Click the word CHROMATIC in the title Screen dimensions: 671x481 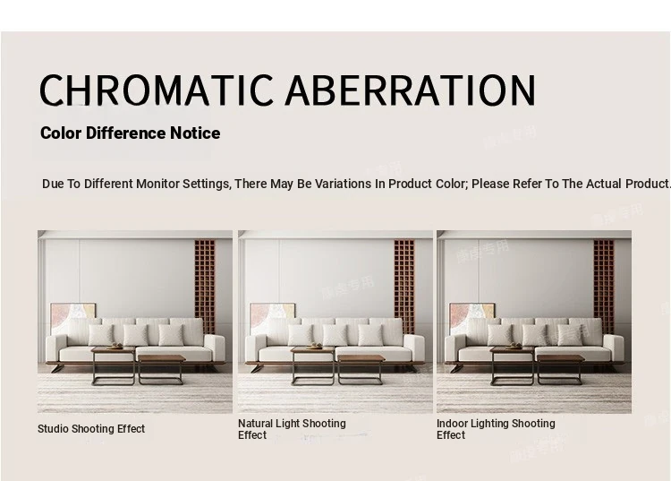(x=157, y=90)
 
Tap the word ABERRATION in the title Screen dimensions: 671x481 (x=411, y=90)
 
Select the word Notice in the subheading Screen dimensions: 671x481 (x=195, y=133)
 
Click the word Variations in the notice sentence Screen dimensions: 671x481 (x=343, y=184)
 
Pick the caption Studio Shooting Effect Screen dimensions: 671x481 (x=91, y=429)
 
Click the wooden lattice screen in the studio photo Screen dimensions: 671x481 (x=205, y=287)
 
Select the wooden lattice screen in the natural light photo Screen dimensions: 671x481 (x=404, y=287)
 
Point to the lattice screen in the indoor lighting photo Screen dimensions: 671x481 (x=603, y=287)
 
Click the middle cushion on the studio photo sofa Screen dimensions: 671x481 (x=136, y=335)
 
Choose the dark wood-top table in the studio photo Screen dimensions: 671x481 (x=162, y=369)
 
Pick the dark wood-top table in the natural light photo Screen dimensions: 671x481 (x=361, y=369)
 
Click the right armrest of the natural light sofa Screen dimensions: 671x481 (x=414, y=348)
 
